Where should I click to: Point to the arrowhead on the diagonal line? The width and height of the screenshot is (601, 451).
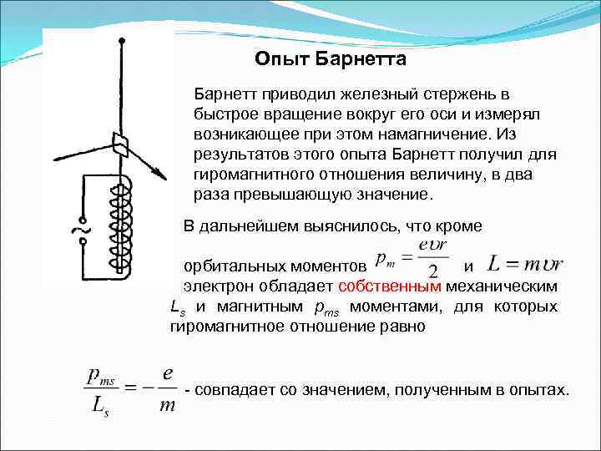click(158, 173)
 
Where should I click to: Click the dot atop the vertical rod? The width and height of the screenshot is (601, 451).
click(122, 40)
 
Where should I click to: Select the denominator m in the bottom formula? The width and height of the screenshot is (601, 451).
click(168, 405)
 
